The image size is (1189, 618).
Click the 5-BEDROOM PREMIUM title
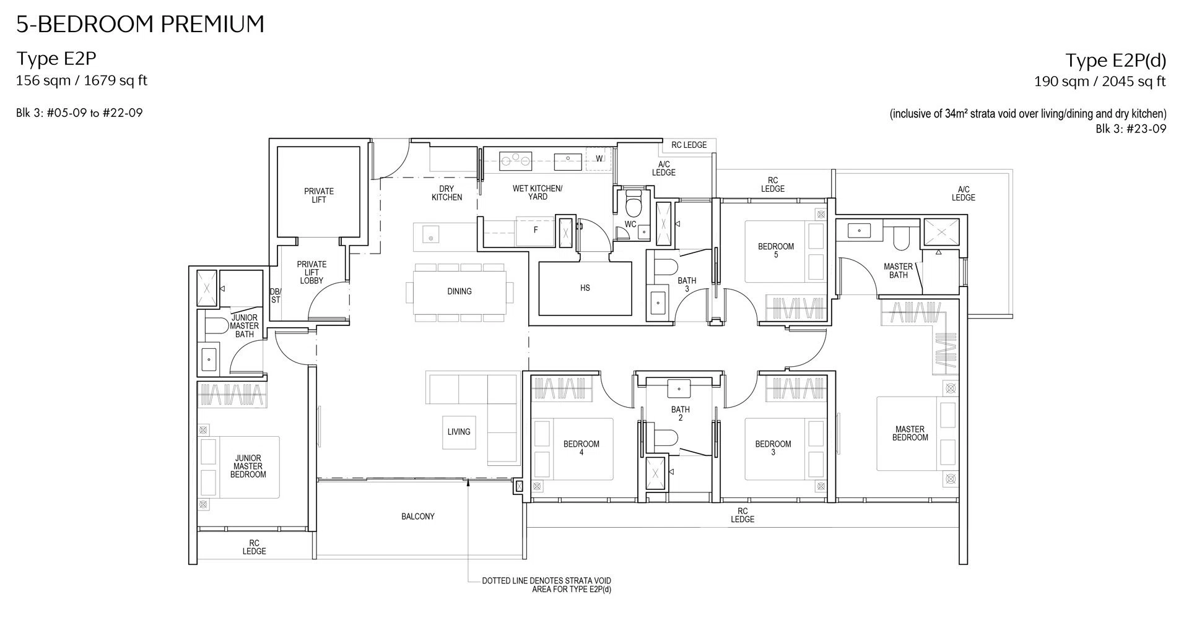point(141,24)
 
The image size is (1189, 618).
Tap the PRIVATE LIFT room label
point(319,195)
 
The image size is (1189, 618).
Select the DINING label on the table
point(459,291)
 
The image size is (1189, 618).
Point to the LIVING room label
point(459,432)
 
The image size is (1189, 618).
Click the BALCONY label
point(418,517)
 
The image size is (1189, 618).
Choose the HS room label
point(585,288)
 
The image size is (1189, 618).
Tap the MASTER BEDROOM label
point(910,433)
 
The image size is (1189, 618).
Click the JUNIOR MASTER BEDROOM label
point(248,466)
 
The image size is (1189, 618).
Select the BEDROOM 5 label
point(776,251)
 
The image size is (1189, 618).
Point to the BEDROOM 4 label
point(581,448)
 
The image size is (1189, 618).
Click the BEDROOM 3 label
point(773,448)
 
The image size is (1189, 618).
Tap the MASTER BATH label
point(899,271)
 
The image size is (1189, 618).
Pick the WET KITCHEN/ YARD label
point(538,192)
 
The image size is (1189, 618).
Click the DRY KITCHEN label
point(446,193)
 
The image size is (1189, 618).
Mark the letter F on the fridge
point(536,230)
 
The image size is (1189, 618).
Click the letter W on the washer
point(599,159)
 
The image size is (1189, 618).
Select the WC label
point(630,224)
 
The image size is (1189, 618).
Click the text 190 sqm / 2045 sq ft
point(1100,82)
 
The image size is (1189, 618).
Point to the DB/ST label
point(276,296)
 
